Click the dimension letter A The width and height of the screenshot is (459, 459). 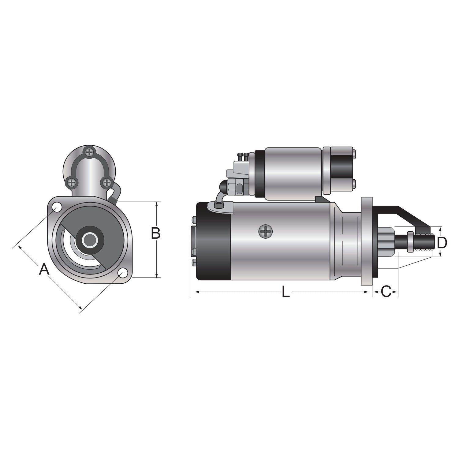(x=44, y=270)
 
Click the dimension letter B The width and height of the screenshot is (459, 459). (x=156, y=233)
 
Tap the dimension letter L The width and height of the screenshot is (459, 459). (x=285, y=292)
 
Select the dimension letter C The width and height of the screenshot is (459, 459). (x=386, y=292)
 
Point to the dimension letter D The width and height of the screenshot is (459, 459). (x=442, y=243)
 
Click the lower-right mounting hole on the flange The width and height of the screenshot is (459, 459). (x=122, y=273)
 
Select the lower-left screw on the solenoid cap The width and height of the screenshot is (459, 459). (x=71, y=183)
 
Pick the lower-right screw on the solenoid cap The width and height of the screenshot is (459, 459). (x=106, y=183)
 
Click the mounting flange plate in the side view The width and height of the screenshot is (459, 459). (x=367, y=240)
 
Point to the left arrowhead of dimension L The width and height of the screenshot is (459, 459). (x=193, y=292)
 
